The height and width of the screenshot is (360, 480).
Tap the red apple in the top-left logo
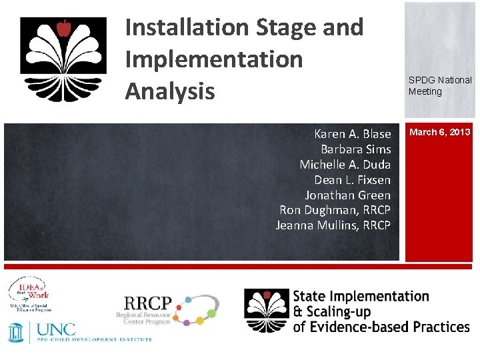pyautogui.click(x=64, y=29)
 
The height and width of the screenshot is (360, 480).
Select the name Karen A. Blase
pyautogui.click(x=352, y=134)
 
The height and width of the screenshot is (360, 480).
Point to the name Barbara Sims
pyautogui.click(x=355, y=149)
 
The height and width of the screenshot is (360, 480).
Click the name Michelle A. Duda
pyautogui.click(x=345, y=165)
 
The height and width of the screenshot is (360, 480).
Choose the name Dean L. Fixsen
pyautogui.click(x=352, y=180)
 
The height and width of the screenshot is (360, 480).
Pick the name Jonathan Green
pyautogui.click(x=347, y=195)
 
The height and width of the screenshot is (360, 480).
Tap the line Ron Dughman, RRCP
pyautogui.click(x=335, y=210)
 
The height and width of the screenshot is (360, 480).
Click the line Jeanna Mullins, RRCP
pyautogui.click(x=333, y=225)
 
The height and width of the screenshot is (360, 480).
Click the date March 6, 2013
pyautogui.click(x=439, y=132)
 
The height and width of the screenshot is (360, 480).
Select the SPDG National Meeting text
pyautogui.click(x=439, y=86)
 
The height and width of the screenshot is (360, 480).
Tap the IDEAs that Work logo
pyautogui.click(x=29, y=293)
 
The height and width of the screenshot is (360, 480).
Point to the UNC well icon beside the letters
pyautogui.click(x=17, y=331)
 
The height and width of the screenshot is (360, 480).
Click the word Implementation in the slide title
pyautogui.click(x=213, y=59)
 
